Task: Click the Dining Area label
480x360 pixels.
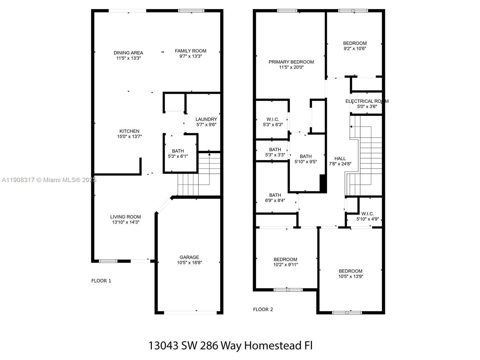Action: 128,53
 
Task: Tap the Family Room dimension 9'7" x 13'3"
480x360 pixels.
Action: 190,56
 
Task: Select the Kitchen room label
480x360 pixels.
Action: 129,131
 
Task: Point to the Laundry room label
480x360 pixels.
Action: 206,119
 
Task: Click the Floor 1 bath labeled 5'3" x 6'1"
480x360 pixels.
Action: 178,153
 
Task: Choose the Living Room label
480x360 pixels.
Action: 125,217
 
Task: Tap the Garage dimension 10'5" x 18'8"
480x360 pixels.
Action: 189,263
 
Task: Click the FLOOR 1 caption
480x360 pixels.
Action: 101,281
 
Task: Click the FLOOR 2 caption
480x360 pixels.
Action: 263,310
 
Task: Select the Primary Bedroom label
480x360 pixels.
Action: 291,62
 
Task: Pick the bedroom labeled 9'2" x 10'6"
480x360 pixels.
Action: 355,46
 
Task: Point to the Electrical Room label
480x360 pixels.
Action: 367,101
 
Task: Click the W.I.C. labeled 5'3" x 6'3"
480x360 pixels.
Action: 273,122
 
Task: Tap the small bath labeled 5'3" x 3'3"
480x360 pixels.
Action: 275,152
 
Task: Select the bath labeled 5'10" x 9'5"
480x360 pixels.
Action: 305,159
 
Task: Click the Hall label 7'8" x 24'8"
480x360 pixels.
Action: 340,161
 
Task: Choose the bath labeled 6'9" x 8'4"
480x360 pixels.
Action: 275,198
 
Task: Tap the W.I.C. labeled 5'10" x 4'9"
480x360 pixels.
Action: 367,216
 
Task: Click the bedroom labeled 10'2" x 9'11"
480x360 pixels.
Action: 285,262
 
